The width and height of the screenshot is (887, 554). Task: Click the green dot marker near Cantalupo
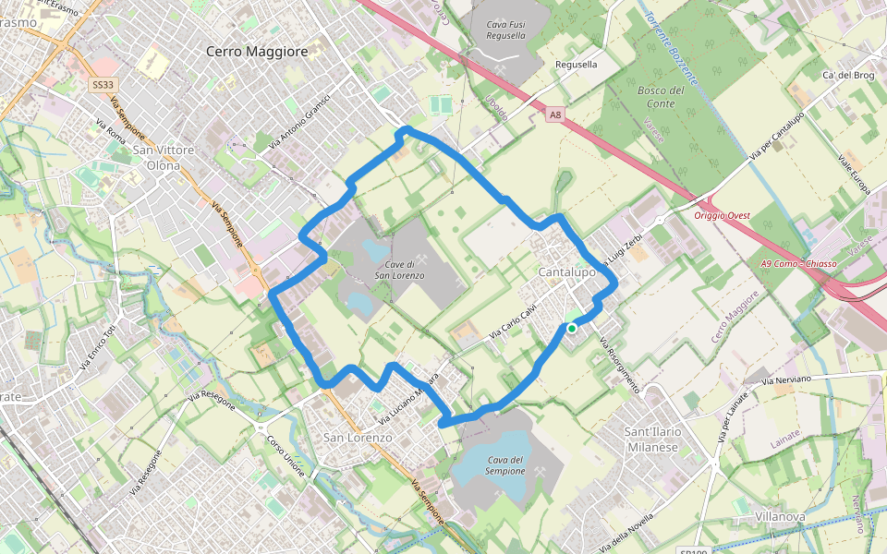[x=572, y=328]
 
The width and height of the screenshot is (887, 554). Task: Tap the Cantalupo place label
[x=566, y=273]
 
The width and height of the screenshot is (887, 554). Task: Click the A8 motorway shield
[x=554, y=115]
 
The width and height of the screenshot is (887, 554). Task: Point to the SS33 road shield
[x=102, y=84]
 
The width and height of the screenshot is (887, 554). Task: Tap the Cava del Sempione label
[x=506, y=465]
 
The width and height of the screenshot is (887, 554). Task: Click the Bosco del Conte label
[x=661, y=97]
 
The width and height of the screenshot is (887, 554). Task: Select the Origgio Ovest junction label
[x=723, y=215]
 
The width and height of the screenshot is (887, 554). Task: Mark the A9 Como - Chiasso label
[x=798, y=264]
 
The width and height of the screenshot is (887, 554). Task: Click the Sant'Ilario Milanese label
[x=651, y=440]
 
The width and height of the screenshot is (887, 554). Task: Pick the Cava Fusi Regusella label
[x=505, y=28]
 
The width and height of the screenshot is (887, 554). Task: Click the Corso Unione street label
[x=286, y=455]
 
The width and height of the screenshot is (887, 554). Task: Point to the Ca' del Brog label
[x=847, y=75]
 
